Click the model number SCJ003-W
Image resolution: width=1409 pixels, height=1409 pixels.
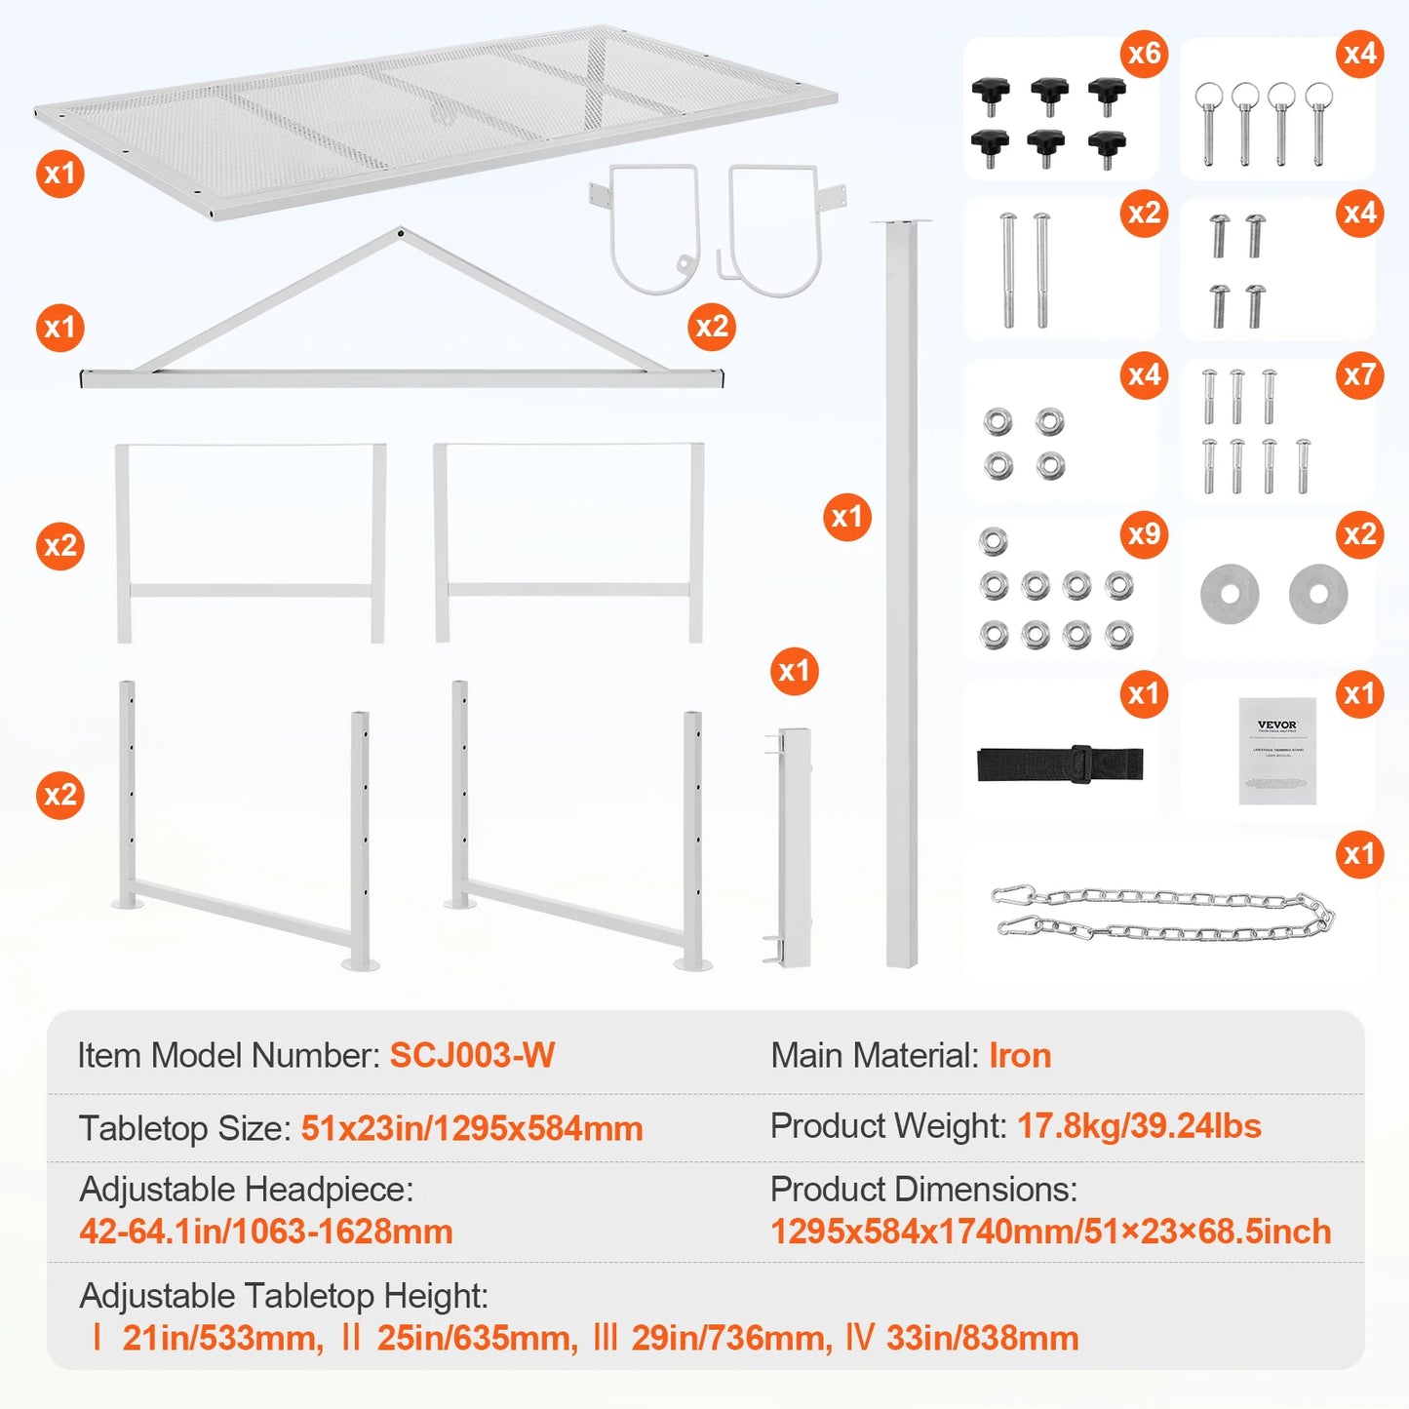[472, 1055]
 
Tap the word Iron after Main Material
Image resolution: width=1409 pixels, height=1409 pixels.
[1020, 1055]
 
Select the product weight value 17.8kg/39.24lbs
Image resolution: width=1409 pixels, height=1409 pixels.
[1139, 1126]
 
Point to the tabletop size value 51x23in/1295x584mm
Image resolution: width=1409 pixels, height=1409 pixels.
[472, 1128]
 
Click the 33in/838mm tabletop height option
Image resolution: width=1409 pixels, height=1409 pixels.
[981, 1338]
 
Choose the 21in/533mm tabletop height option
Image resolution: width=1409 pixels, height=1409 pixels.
[222, 1338]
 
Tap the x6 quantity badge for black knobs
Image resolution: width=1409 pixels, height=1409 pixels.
[1144, 53]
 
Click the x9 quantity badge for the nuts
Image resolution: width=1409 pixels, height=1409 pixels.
[1144, 533]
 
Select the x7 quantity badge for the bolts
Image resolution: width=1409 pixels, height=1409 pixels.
[1359, 374]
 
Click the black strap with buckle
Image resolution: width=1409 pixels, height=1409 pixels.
[1060, 763]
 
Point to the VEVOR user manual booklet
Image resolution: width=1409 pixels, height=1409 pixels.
[1277, 750]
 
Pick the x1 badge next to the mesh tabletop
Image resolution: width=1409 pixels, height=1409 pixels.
[60, 174]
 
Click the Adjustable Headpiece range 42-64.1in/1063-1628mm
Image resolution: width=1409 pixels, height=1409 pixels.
[266, 1232]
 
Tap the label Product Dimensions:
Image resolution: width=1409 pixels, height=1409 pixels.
[923, 1190]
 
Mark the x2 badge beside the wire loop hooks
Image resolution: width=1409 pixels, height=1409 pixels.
[712, 327]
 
